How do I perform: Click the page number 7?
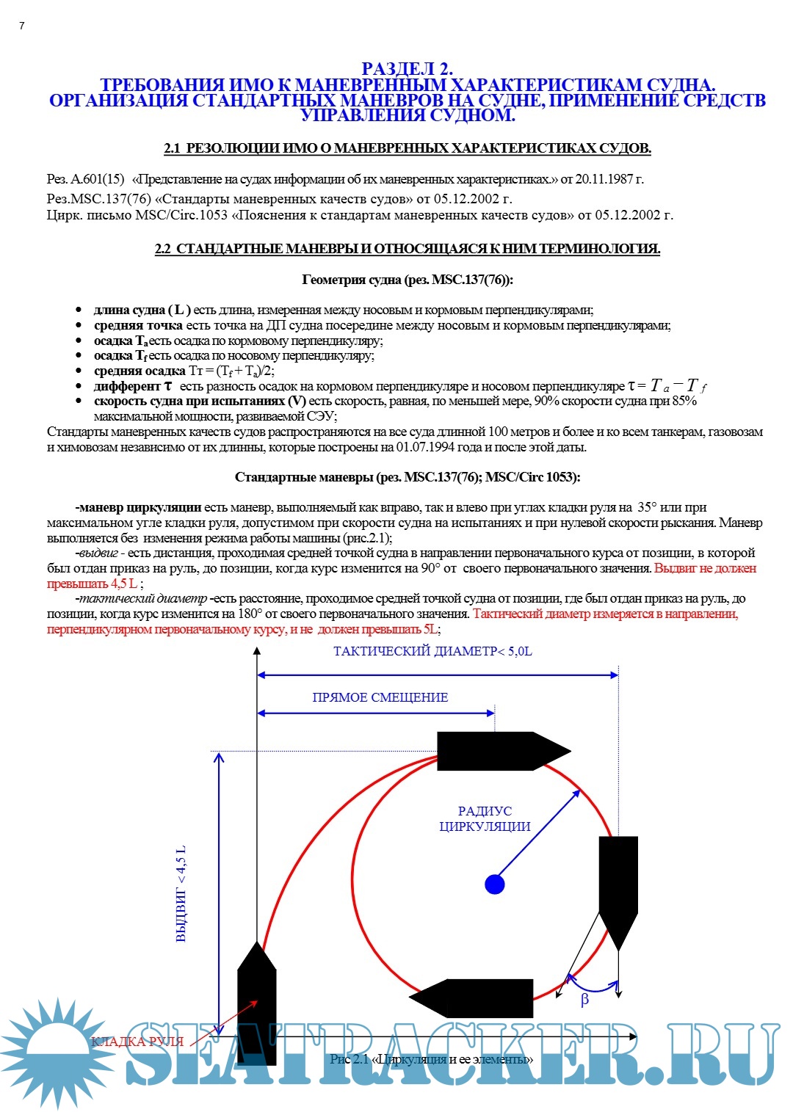[22, 26]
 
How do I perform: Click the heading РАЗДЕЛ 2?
[407, 70]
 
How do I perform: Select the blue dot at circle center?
[495, 884]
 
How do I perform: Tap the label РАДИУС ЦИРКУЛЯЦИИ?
[485, 818]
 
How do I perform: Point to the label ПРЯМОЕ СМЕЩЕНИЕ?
[380, 697]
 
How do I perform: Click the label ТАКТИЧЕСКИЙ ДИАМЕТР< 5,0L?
[432, 651]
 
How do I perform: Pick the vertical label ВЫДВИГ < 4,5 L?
[181, 893]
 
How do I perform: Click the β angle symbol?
[584, 1000]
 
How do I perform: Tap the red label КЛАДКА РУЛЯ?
[137, 1042]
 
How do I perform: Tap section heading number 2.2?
[162, 249]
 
